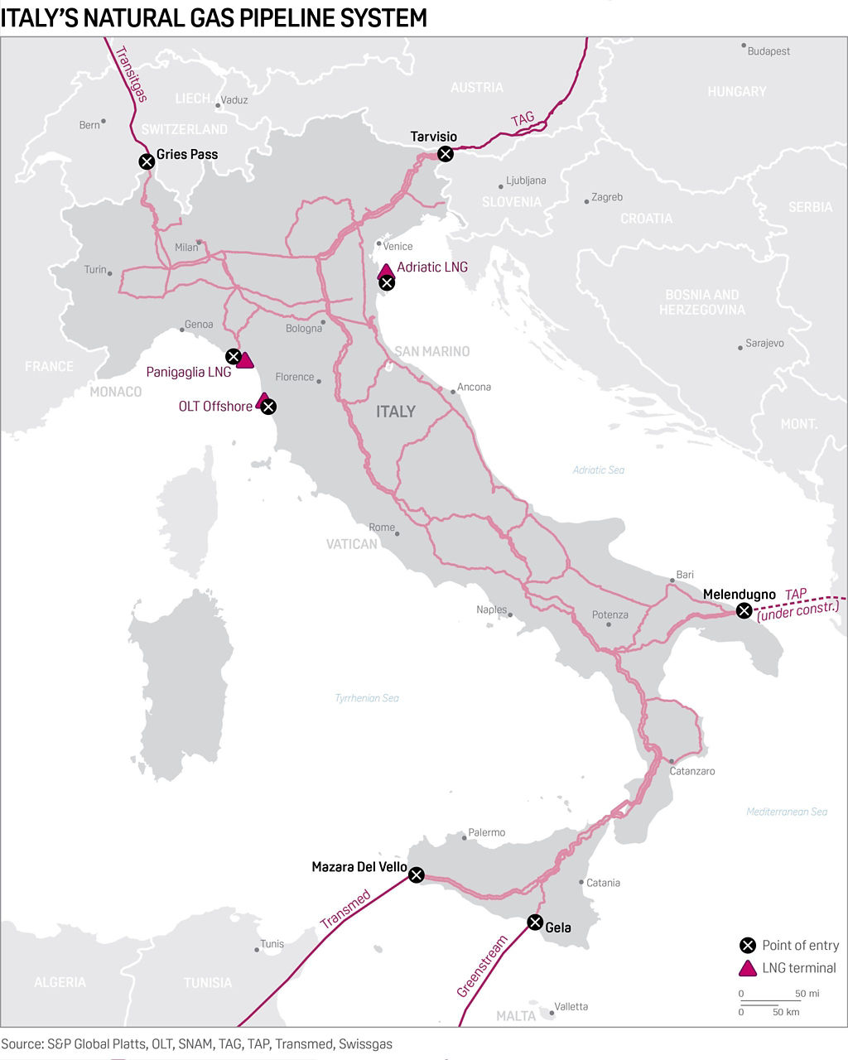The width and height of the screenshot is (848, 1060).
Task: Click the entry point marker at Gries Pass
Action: tap(147, 161)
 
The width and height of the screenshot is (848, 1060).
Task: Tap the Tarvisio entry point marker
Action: tap(446, 153)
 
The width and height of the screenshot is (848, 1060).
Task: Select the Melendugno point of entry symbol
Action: tap(744, 611)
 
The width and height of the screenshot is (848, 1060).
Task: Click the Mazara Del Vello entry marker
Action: tap(417, 875)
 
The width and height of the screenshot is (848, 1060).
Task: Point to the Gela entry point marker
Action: tap(535, 923)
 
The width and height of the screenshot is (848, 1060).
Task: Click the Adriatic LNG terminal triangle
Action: tap(385, 271)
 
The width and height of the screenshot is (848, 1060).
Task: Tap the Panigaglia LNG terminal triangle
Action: tap(245, 360)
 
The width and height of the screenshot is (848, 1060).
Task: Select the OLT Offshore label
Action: tap(215, 407)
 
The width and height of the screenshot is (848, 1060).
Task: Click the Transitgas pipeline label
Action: tap(130, 73)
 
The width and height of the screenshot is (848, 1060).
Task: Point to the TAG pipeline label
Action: tap(523, 119)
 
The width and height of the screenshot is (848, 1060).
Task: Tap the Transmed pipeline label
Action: tap(345, 908)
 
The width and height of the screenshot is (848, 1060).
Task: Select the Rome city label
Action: tap(382, 528)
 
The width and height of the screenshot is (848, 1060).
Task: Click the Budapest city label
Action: tap(768, 51)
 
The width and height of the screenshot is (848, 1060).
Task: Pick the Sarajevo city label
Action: tap(764, 343)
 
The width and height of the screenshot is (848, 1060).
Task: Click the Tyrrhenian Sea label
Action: tap(367, 698)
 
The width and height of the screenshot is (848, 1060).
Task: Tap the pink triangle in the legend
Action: tap(748, 968)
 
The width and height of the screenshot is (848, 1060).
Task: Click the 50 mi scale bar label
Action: tap(807, 993)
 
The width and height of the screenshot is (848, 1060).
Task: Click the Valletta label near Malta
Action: tap(571, 1006)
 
